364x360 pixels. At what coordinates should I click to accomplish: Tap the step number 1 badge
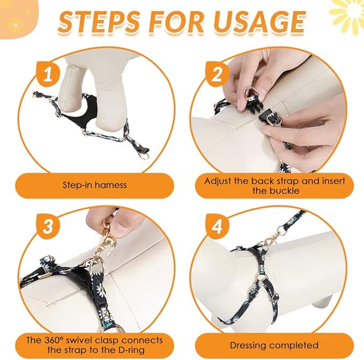[48, 75]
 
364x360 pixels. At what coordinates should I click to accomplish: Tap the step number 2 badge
[217, 75]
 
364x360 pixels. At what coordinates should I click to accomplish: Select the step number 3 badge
[48, 226]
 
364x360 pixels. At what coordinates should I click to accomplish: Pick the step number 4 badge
[217, 226]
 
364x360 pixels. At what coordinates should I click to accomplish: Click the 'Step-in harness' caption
[95, 185]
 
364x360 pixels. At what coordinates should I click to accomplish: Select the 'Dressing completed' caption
[274, 346]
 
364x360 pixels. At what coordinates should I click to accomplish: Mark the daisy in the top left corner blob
[16, 25]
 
